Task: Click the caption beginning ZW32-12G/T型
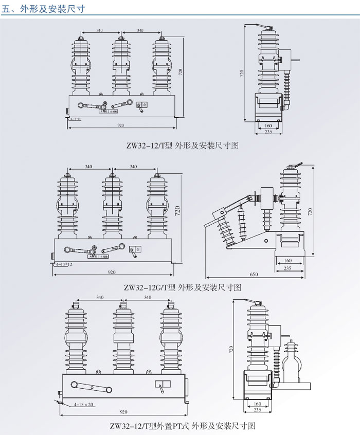(x=183, y=288)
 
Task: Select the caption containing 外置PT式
(x=183, y=426)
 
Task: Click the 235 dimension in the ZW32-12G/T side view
(x=289, y=268)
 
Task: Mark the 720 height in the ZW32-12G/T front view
(x=177, y=210)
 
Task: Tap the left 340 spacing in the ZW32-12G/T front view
(x=88, y=167)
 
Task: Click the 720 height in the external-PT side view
(x=230, y=350)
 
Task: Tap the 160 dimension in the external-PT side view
(x=257, y=404)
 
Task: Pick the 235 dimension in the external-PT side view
(x=257, y=410)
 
